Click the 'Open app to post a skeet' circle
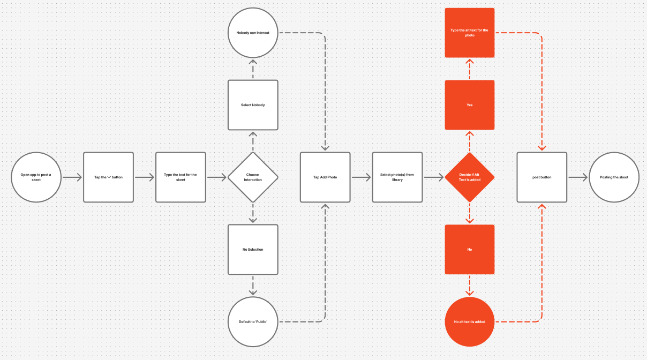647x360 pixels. (x=36, y=177)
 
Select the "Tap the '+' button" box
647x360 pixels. (x=108, y=177)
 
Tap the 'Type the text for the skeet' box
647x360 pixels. (x=180, y=177)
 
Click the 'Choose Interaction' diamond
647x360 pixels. (x=253, y=177)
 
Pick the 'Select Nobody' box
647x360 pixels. (x=253, y=105)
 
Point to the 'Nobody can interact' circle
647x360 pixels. (x=253, y=33)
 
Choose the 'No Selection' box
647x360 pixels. (x=253, y=250)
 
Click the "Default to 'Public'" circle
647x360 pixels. (x=253, y=321)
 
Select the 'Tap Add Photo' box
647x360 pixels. (x=325, y=177)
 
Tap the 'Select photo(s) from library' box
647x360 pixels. (x=397, y=177)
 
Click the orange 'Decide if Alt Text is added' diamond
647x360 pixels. (x=470, y=177)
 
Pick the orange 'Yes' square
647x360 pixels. (x=470, y=105)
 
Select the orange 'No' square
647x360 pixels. (x=470, y=250)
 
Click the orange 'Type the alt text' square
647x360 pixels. (x=470, y=33)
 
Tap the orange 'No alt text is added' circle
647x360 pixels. (x=470, y=321)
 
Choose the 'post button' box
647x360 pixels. (x=542, y=177)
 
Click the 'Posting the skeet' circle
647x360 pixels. (x=614, y=177)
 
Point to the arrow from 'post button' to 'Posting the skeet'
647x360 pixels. (x=578, y=177)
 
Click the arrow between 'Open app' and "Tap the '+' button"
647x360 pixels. (x=72, y=177)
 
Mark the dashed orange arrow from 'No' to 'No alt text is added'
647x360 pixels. (x=470, y=286)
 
